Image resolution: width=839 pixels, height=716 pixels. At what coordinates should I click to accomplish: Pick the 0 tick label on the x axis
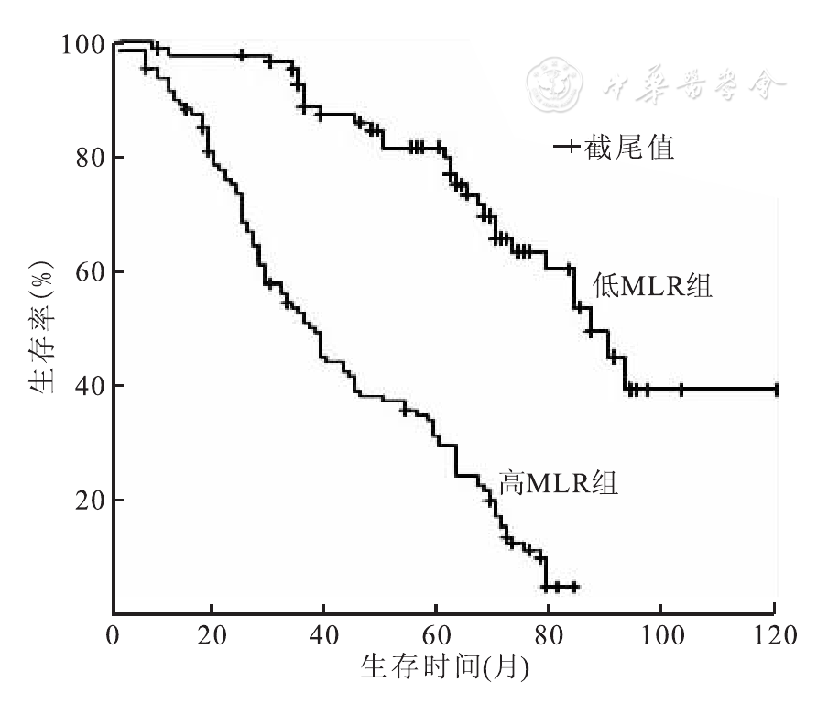pos(114,634)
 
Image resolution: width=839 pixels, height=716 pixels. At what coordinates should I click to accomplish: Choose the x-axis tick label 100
pos(659,634)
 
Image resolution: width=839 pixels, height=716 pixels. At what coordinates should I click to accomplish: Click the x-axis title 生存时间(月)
pos(443,666)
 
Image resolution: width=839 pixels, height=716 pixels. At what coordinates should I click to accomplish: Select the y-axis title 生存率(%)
pos(40,329)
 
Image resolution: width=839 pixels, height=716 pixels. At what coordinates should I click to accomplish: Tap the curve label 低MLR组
pos(652,286)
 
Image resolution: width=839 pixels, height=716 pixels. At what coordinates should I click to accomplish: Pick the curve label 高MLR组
pos(558,482)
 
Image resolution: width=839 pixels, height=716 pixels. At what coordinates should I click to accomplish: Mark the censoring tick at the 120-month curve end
pos(776,390)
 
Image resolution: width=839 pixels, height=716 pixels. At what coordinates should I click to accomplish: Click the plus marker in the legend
pos(568,147)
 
